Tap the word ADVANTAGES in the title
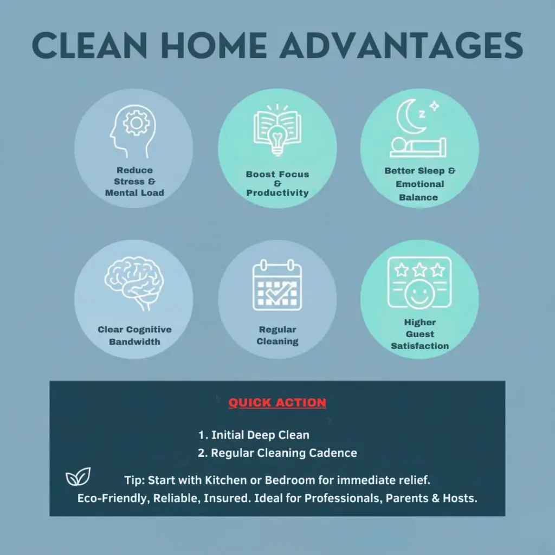click(402, 45)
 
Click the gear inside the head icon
click(136, 123)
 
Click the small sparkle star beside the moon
click(434, 106)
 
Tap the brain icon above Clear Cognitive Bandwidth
click(134, 283)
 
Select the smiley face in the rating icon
click(420, 294)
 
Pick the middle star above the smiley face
click(420, 270)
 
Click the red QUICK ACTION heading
click(277, 403)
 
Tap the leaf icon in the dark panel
click(78, 476)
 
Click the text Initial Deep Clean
click(260, 435)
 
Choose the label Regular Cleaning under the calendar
click(277, 335)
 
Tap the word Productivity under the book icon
click(277, 193)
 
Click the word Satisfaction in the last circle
click(420, 346)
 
